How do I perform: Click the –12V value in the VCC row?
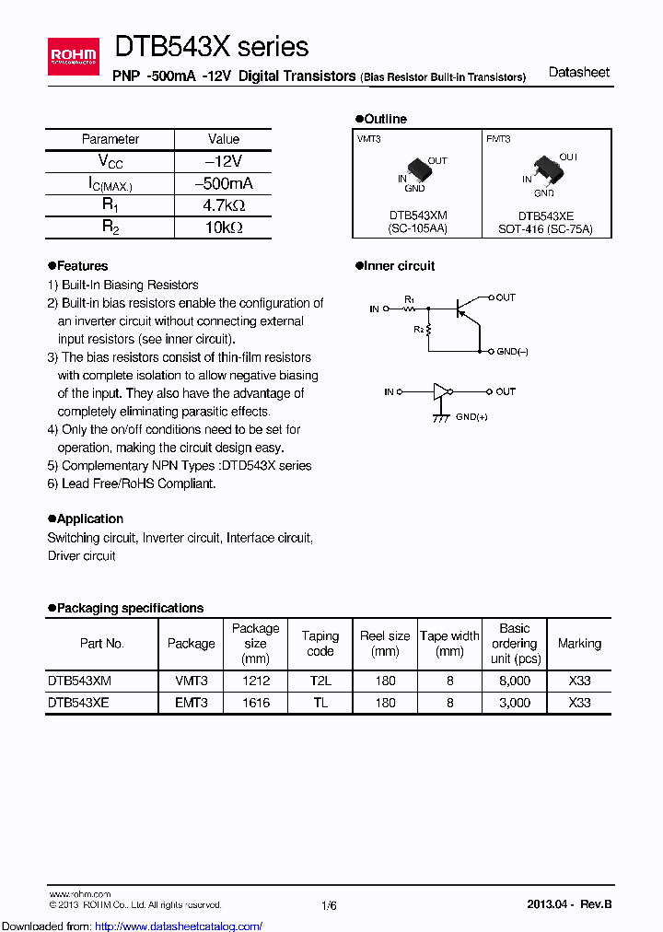click(x=223, y=161)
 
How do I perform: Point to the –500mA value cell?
click(x=223, y=183)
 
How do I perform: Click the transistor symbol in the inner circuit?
click(x=469, y=309)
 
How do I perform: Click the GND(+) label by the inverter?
click(x=471, y=417)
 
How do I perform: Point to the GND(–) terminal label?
click(x=512, y=352)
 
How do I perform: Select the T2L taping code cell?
click(x=320, y=681)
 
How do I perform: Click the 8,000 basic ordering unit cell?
click(x=514, y=681)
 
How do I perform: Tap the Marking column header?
click(x=579, y=644)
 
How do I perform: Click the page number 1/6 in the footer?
click(x=329, y=906)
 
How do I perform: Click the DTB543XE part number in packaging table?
click(x=79, y=703)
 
